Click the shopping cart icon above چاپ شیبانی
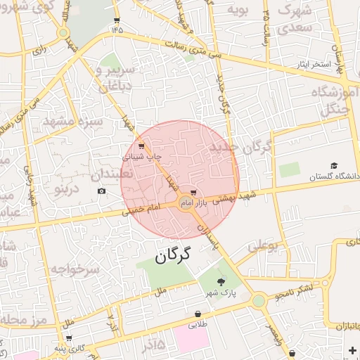143,146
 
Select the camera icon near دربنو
102,191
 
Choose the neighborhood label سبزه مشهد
72,122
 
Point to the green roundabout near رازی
63,32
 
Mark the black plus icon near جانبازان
352,350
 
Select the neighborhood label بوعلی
264,246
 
